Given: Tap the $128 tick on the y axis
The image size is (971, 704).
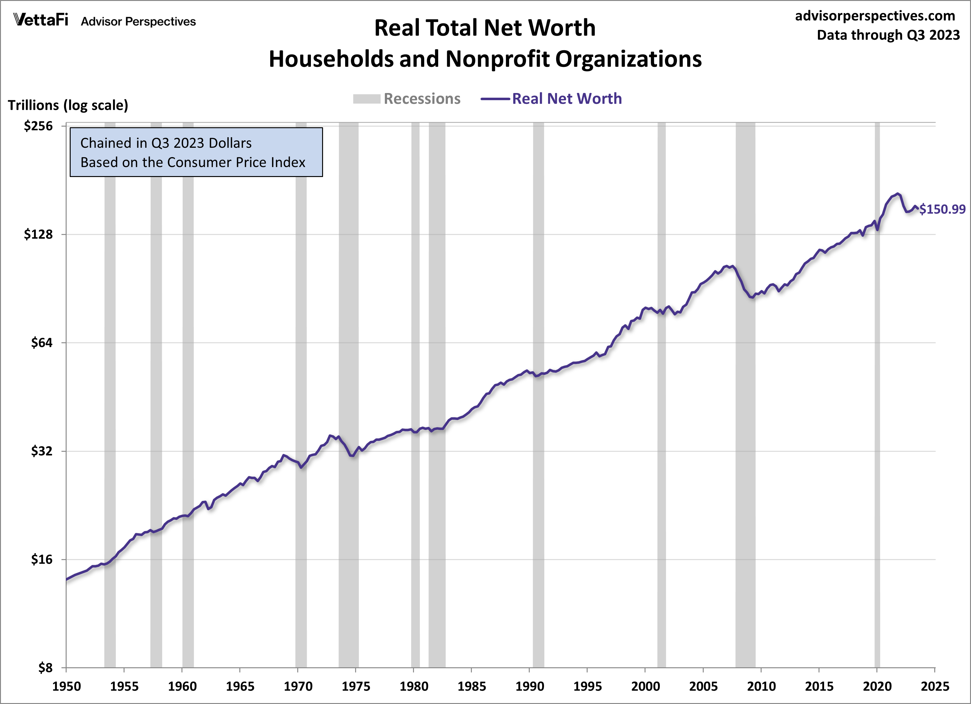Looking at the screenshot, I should coord(38,234).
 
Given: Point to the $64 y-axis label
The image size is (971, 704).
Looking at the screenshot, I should coord(41,343).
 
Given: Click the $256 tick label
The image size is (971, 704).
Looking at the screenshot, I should coord(38,126).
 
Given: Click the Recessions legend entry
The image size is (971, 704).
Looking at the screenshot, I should coord(422,99).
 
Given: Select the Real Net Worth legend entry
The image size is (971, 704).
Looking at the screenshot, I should coord(566,99).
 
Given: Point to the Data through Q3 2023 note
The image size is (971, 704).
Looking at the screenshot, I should coord(888,35).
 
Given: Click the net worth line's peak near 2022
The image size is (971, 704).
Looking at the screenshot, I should coord(898,194).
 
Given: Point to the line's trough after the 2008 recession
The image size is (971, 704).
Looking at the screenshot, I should coord(753,297).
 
